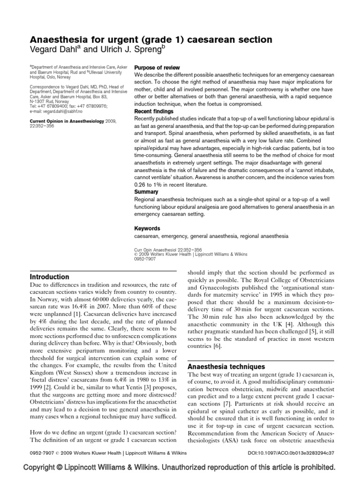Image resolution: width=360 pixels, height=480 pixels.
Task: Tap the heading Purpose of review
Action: coord(157,68)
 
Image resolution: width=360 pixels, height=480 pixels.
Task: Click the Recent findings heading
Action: coord(154,112)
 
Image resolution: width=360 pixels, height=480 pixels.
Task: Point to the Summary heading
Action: coord(146,192)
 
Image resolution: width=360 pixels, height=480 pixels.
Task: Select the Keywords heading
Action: coord(148,228)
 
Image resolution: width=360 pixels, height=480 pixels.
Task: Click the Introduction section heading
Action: coord(50,277)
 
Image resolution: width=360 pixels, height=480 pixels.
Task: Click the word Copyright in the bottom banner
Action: coord(45,468)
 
